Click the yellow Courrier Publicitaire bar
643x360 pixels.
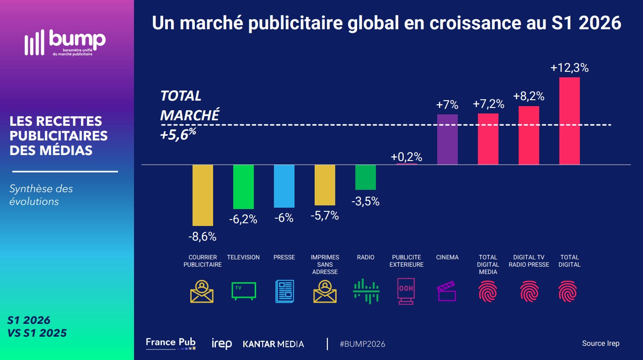coord(203,195)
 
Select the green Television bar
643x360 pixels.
coord(243,187)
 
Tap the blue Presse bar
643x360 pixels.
coord(284,186)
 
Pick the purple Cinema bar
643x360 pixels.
coord(447,140)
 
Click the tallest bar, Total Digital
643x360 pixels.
coord(569,121)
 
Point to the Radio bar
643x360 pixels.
coord(365,177)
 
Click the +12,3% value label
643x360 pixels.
coord(569,68)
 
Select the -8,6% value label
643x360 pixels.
coord(203,236)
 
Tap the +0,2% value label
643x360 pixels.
coord(407,157)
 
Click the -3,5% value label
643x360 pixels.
coord(365,202)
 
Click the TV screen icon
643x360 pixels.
coord(244,291)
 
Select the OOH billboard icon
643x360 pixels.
coord(406,291)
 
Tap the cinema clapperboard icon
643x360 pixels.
coord(446,291)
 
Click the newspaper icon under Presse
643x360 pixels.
coord(284,291)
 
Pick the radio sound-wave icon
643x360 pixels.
coord(366,291)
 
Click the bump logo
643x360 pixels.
coord(65,43)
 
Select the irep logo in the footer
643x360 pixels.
coord(222,344)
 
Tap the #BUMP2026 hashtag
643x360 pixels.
coord(362,344)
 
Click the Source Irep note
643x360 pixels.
coord(600,344)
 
